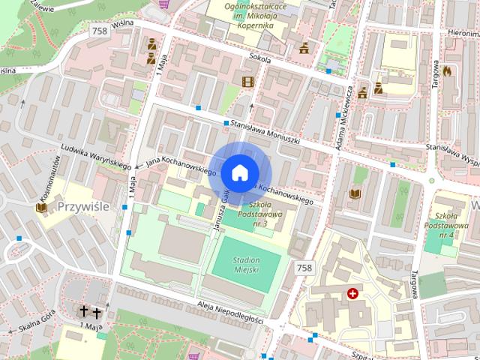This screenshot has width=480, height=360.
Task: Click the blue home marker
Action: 239,172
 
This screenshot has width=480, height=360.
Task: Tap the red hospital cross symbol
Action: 352,294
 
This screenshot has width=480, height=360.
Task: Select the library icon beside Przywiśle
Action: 42,205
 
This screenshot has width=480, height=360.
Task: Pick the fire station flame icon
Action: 448,72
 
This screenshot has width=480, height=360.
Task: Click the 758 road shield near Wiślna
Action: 97,31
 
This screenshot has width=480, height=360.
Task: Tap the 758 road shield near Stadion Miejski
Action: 304,268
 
